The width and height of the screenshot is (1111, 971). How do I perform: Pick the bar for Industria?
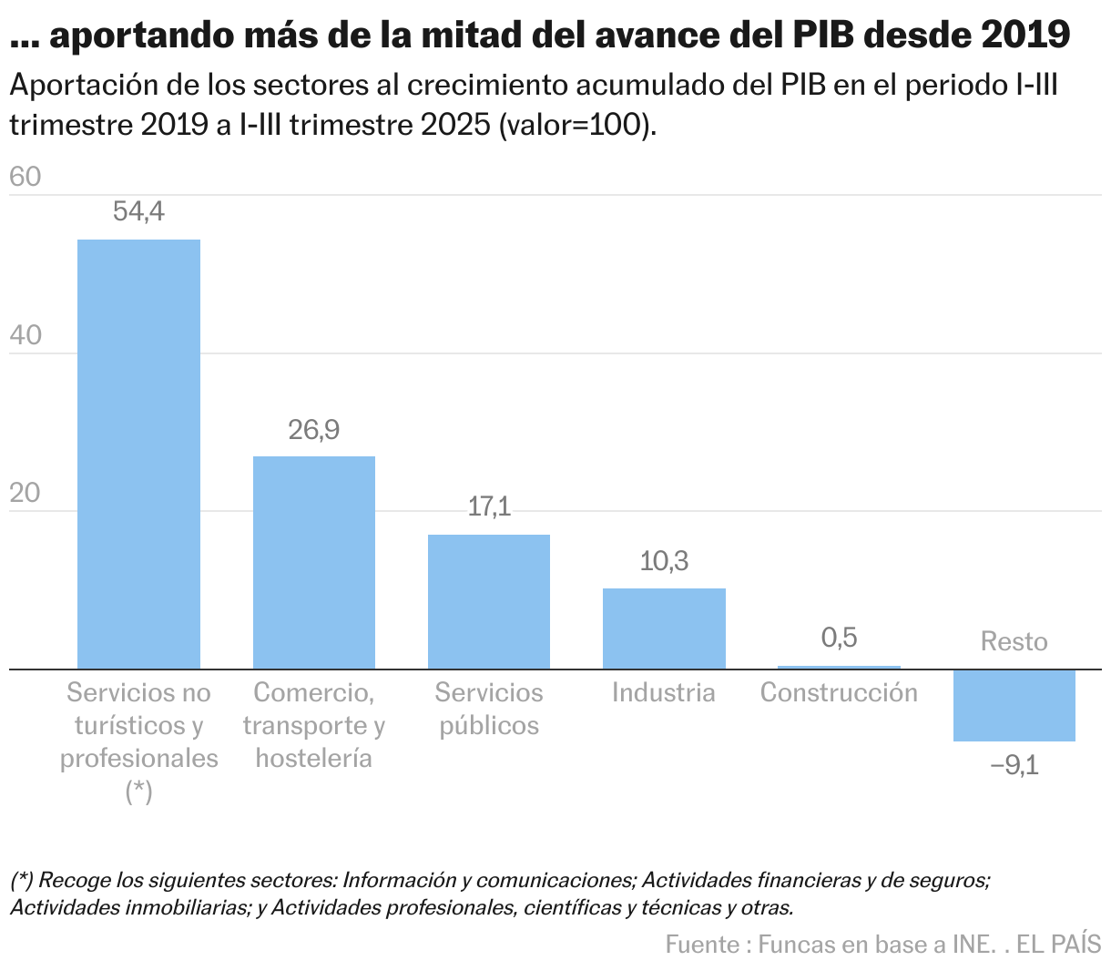click(664, 629)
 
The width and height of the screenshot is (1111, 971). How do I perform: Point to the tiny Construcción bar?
click(839, 668)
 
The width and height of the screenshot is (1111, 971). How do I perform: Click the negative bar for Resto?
click(1014, 706)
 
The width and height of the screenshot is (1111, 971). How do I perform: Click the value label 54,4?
click(138, 212)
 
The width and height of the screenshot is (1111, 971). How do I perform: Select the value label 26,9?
click(313, 430)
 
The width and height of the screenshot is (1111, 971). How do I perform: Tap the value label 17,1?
click(489, 507)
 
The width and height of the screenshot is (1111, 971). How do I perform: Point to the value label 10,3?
click(664, 561)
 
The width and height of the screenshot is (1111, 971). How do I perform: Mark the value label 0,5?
click(839, 638)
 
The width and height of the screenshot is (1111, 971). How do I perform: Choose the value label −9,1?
click(1014, 764)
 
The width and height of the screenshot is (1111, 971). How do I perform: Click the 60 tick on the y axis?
click(25, 177)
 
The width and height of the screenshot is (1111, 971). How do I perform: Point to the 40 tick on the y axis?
click(25, 335)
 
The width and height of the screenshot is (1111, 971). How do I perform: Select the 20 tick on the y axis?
click(25, 494)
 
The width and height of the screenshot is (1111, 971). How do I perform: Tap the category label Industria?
click(664, 693)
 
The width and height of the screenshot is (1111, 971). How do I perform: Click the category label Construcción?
click(839, 693)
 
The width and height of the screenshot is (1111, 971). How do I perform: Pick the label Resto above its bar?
click(1014, 642)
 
